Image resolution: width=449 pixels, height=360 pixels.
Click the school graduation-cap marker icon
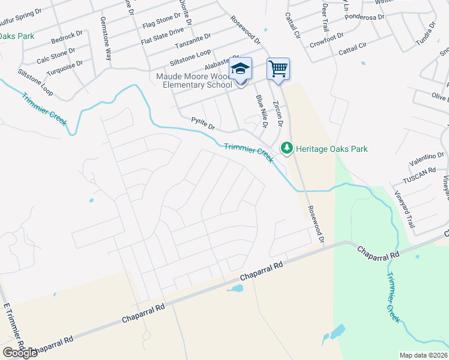pyautogui.click(x=240, y=69)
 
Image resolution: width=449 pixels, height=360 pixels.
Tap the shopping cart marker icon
pyautogui.click(x=278, y=69)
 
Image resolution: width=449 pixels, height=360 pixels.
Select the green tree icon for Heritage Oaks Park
pyautogui.click(x=287, y=148)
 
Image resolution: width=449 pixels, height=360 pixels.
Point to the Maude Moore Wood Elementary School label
pyautogui.click(x=194, y=80)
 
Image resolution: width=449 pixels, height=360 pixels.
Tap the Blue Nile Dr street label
pyautogui.click(x=261, y=111)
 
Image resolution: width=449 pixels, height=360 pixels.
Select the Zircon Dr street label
pyautogui.click(x=277, y=113)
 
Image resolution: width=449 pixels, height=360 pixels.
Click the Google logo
pyautogui.click(x=20, y=353)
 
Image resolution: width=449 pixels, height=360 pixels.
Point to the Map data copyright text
pyautogui.click(x=424, y=355)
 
